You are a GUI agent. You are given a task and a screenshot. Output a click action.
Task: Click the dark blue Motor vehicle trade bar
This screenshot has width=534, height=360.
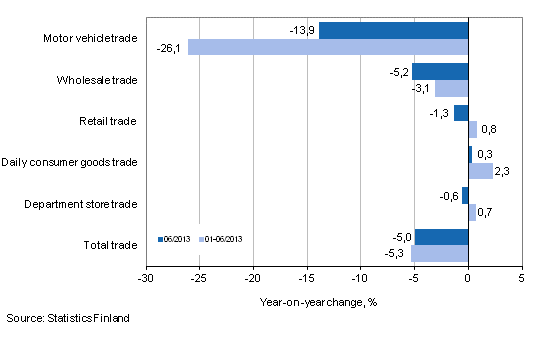(x=393, y=30)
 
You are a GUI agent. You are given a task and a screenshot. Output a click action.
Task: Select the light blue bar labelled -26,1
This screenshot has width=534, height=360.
(x=328, y=47)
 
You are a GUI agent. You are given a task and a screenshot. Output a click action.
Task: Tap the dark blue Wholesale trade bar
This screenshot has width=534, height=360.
(x=440, y=72)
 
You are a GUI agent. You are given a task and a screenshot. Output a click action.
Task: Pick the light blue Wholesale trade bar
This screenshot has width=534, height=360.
(x=451, y=89)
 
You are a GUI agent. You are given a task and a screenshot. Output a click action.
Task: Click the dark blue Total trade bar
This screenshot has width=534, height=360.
(x=441, y=237)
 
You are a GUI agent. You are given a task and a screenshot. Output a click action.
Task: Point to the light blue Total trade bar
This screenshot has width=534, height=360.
(x=439, y=254)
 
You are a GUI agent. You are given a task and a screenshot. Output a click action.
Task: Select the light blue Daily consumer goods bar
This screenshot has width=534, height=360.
(x=481, y=171)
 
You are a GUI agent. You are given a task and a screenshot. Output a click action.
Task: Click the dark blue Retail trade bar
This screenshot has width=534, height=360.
(x=461, y=113)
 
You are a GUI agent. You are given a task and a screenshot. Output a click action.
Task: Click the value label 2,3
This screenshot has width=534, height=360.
(x=503, y=172)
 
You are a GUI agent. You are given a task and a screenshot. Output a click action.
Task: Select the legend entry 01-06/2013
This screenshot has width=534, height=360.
(x=222, y=239)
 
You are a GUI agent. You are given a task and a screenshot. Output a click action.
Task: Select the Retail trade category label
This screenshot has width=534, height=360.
(x=107, y=121)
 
